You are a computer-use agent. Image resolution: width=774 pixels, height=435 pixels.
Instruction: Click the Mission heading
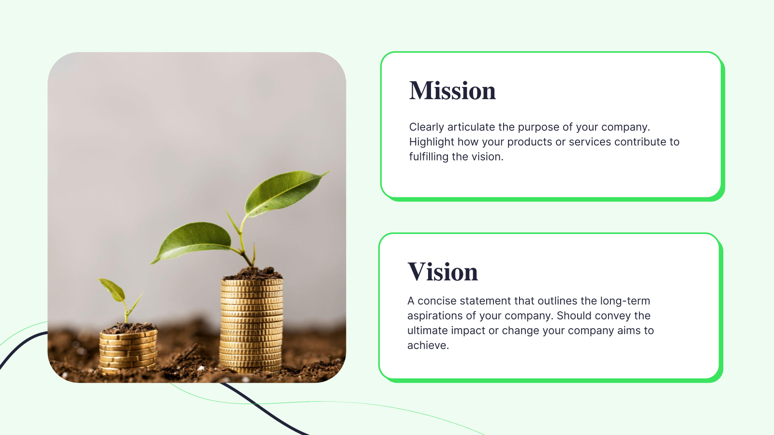(452, 91)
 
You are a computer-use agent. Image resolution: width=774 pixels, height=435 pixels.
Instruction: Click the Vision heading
(443, 272)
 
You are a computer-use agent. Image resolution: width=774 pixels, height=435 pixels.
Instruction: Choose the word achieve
(428, 346)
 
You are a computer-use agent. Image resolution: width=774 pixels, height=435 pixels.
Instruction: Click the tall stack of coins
(252, 326)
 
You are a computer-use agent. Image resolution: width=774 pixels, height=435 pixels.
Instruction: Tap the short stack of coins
(128, 350)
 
